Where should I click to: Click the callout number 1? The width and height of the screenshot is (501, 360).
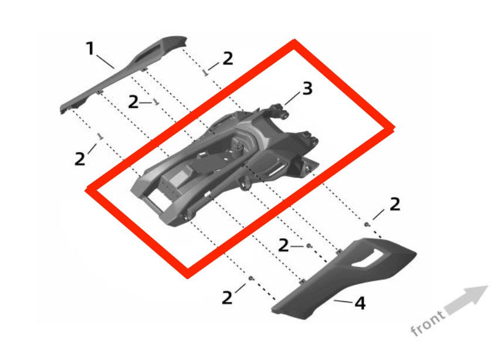(90, 48)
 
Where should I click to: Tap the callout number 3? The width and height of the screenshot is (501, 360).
(307, 89)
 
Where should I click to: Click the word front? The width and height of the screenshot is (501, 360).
(428, 323)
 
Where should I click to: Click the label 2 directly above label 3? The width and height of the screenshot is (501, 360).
(227, 59)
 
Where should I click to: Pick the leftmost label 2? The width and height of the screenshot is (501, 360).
(80, 158)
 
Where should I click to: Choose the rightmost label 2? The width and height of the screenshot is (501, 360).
(395, 204)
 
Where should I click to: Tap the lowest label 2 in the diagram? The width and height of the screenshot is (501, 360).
(227, 297)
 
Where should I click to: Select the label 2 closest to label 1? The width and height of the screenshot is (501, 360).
(134, 103)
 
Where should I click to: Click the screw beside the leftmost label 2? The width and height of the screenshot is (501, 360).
(100, 137)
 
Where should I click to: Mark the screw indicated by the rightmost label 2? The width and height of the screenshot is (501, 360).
(367, 225)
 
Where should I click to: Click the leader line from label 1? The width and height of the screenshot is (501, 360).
(106, 61)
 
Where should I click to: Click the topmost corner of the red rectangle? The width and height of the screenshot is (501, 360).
(294, 42)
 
